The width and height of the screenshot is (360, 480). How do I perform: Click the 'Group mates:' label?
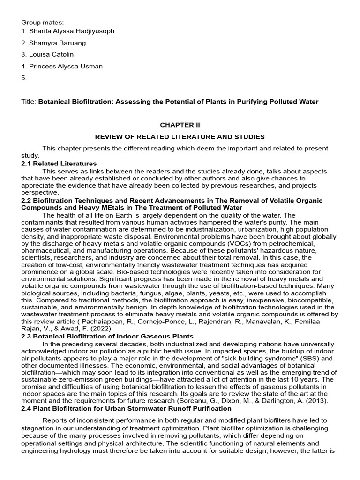41,22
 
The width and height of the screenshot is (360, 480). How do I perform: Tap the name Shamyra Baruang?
57,43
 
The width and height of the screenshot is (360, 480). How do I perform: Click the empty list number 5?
24,78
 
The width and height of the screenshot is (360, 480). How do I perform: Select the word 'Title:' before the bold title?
29,102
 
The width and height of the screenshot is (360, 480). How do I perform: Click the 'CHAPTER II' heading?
180,125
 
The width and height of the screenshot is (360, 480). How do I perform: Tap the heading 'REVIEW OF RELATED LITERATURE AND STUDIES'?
180,137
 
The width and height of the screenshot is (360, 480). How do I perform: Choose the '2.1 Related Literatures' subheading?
59,164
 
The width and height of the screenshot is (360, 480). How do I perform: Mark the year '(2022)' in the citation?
92,322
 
